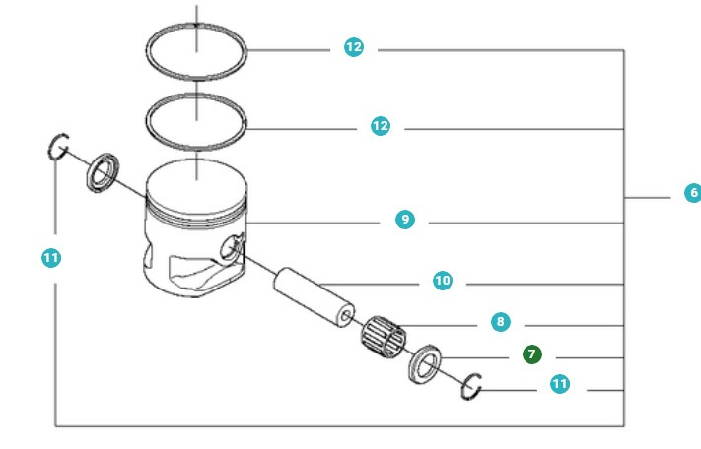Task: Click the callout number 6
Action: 693,193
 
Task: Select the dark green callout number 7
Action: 532,353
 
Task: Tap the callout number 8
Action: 501,321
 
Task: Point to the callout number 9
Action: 404,220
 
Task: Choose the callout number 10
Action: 443,281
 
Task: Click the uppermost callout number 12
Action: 353,46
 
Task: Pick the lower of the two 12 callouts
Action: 380,126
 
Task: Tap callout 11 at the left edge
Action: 51,258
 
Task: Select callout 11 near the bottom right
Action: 560,384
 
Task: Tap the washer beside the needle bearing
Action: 425,365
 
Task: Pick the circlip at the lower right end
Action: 471,389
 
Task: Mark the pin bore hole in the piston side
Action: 234,248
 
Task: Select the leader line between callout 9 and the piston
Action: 315,224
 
